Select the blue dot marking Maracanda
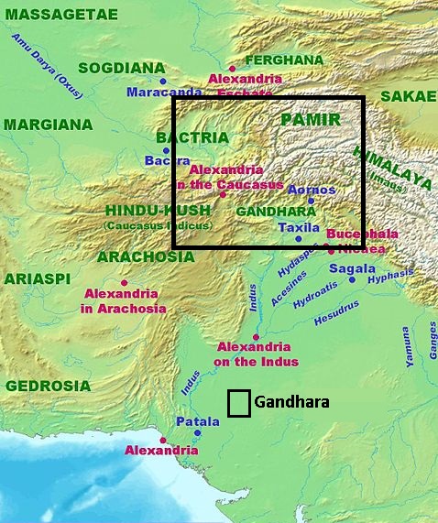[x=163, y=82]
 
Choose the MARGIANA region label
[x=48, y=124]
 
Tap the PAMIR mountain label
[x=310, y=120]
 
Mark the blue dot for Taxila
[x=298, y=239]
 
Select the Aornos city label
[x=312, y=190]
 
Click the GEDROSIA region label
[x=48, y=386]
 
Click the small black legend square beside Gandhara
[x=238, y=403]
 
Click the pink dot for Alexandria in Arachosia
[x=124, y=283]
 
